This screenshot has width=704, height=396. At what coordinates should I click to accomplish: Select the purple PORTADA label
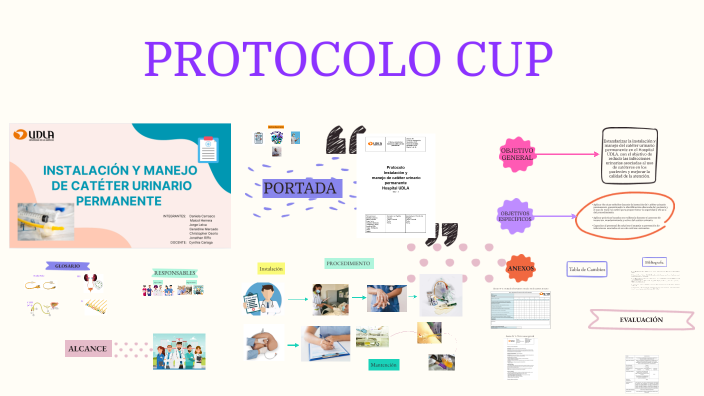301,187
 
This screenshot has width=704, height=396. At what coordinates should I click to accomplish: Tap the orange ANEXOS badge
521,269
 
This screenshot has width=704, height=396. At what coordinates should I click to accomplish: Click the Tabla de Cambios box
587,269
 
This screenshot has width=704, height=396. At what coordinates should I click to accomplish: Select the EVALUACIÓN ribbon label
641,320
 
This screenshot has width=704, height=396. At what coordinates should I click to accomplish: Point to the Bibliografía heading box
654,262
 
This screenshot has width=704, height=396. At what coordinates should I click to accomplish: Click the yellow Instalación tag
271,268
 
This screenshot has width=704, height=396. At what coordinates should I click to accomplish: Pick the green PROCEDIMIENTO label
348,263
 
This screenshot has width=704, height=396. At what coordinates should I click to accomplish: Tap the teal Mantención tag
383,366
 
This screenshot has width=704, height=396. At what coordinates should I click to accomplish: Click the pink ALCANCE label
87,349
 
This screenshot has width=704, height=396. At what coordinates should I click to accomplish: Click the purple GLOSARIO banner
61,266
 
